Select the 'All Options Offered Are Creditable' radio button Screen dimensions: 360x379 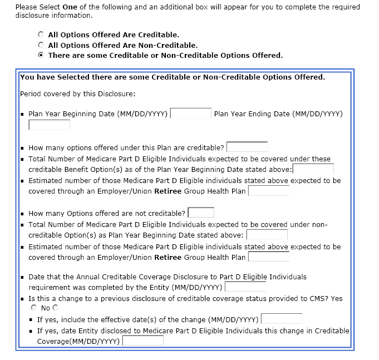(x=41, y=34)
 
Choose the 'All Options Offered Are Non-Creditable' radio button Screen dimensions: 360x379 (x=41, y=45)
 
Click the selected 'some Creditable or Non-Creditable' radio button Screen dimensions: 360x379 (x=41, y=56)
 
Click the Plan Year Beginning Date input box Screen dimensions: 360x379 (x=190, y=114)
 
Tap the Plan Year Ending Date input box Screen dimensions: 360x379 (x=49, y=125)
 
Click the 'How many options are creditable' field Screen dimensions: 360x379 (x=247, y=147)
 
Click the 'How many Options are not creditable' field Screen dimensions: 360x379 (x=201, y=213)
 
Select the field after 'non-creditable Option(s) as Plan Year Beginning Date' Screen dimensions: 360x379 (x=267, y=235)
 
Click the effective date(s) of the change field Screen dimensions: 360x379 (x=282, y=319)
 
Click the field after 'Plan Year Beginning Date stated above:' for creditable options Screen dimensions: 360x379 (x=313, y=169)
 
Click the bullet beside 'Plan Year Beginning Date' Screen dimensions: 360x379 (x=22, y=115)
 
